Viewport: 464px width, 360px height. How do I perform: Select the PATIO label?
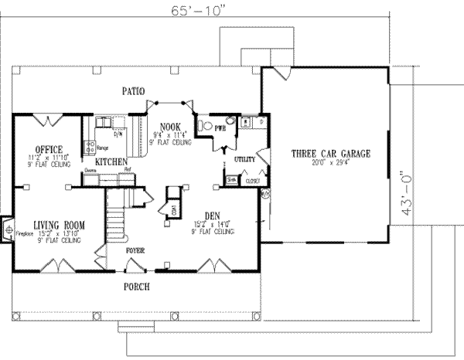pyautogui.click(x=134, y=91)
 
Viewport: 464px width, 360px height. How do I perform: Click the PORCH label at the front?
pyautogui.click(x=135, y=287)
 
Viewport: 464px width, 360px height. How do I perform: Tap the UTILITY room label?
pyautogui.click(x=244, y=159)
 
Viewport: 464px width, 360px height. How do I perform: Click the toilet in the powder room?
pyautogui.click(x=205, y=125)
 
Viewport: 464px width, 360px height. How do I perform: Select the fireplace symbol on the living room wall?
pyautogui.click(x=9, y=229)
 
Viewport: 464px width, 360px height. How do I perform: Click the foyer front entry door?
pyautogui.click(x=135, y=267)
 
